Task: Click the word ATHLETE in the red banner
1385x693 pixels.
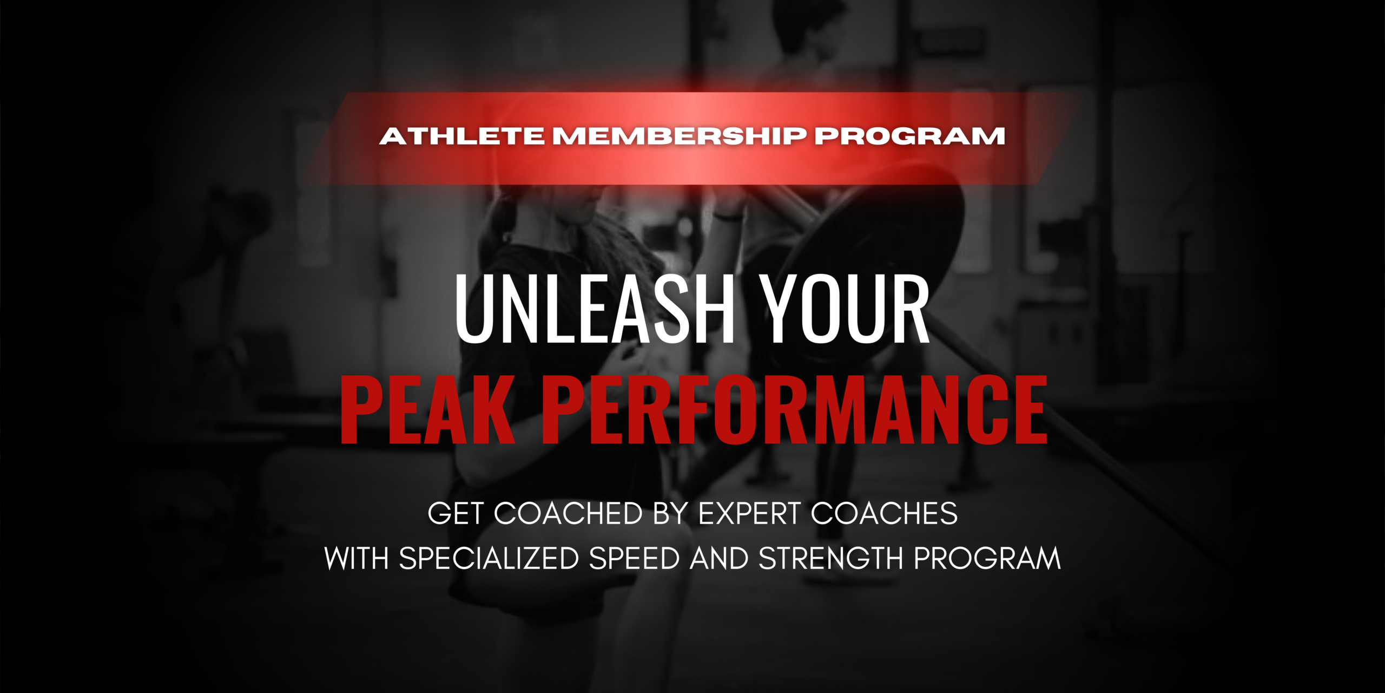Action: coord(462,136)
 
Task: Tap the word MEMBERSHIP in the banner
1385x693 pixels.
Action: coord(680,136)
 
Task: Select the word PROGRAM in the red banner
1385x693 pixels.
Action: coord(910,136)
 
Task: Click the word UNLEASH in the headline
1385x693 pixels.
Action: coord(594,309)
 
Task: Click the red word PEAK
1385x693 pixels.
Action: coord(427,410)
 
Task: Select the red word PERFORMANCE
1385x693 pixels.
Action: coord(795,410)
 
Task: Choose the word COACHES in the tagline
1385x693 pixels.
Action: coord(885,513)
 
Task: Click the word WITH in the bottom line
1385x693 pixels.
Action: coord(357,558)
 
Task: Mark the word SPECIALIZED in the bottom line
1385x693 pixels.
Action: coord(489,558)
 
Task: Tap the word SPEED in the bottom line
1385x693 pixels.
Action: coord(635,558)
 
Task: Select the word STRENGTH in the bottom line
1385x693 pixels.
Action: coord(831,558)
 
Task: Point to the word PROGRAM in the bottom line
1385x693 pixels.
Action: coord(987,558)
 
